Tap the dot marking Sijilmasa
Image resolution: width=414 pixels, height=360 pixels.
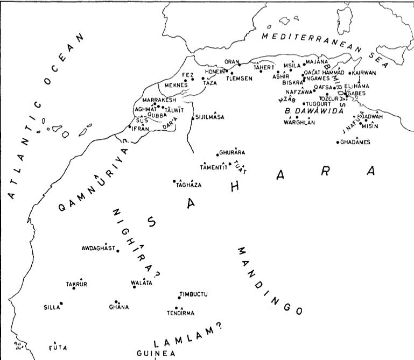tap(193, 117)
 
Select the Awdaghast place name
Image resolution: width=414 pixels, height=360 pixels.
tap(99, 248)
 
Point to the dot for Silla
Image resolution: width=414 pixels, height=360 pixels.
tap(61, 303)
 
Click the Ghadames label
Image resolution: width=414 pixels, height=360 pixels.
tap(356, 142)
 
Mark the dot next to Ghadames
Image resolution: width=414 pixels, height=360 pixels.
tap(338, 143)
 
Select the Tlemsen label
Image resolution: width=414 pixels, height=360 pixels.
tap(239, 77)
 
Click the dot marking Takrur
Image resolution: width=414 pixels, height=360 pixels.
tap(74, 288)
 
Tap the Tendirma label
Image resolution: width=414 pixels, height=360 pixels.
tap(181, 313)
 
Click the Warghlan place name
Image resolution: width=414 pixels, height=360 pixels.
tap(298, 122)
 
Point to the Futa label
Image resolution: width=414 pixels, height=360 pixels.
tap(58, 348)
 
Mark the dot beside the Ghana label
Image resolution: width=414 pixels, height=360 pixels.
tap(116, 302)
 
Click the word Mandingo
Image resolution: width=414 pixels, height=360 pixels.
tap(270, 280)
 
